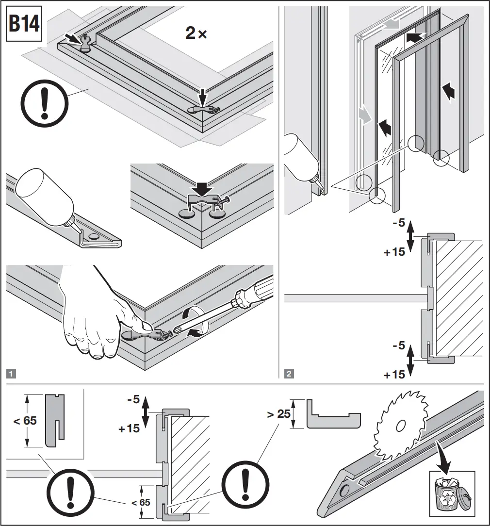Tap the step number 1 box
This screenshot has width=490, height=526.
[11, 374]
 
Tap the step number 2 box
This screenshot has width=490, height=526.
[289, 374]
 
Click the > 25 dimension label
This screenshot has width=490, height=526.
[278, 414]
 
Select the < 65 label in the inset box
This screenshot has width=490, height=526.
[24, 420]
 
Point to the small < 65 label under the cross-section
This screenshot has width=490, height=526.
[141, 502]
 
